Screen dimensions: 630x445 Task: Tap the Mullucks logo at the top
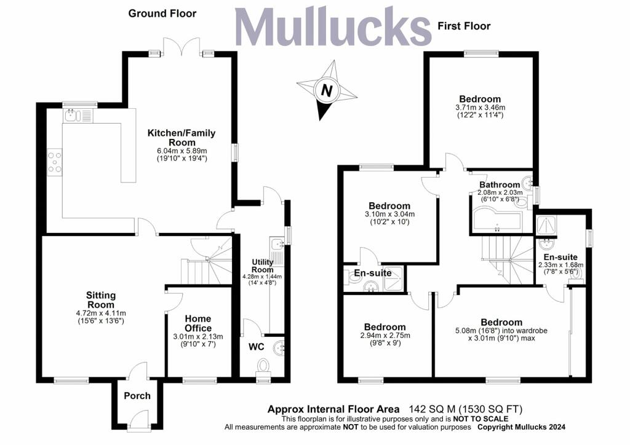[x=333, y=27]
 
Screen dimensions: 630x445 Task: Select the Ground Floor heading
[x=162, y=14]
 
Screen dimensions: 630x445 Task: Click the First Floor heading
[x=464, y=26]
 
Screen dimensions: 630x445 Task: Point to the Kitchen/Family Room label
[x=181, y=138]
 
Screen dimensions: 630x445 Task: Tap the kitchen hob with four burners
[x=55, y=162]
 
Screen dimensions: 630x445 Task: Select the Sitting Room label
[x=101, y=300]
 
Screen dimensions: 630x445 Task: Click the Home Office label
[x=198, y=323]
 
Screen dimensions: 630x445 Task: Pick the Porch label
[x=137, y=396]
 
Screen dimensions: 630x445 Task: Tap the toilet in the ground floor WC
[x=263, y=366]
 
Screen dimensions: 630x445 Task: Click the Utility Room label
[x=262, y=266]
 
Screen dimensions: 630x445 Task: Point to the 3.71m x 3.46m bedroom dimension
[x=480, y=108]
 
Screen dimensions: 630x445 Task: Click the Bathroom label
[x=500, y=185]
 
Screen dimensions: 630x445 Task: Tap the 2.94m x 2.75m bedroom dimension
[x=385, y=336]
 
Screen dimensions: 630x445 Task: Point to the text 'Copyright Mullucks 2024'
[x=522, y=427]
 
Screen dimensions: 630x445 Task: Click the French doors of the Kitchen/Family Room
[x=181, y=47]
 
